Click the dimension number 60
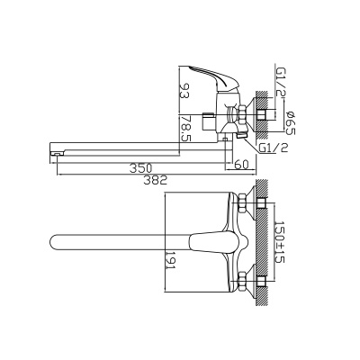(239, 165)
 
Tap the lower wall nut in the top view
(256, 283)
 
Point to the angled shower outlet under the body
(236, 134)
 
